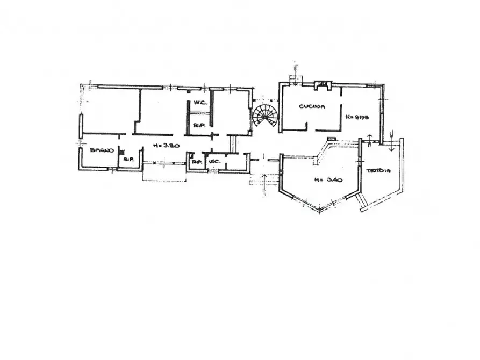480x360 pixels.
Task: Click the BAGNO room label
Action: click(102, 150)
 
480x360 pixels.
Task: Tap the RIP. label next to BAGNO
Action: click(128, 160)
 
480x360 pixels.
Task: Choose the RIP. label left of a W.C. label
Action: click(197, 161)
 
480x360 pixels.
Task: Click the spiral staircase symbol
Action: click(264, 115)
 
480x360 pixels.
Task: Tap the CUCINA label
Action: click(312, 106)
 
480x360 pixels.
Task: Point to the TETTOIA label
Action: click(379, 171)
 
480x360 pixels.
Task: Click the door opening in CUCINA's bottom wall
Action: click(311, 130)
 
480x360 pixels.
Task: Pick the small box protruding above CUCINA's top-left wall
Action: click(294, 79)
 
